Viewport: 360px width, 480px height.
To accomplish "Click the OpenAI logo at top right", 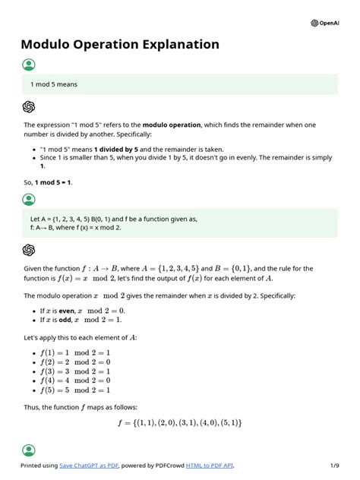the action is click(x=326, y=23).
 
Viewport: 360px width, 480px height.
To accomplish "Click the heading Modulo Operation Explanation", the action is click(x=120, y=45).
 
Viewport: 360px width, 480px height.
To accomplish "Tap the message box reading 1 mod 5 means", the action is click(x=179, y=84).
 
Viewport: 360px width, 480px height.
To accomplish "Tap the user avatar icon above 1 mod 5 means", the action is click(x=29, y=65).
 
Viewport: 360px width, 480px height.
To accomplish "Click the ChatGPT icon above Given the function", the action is click(x=29, y=250).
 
